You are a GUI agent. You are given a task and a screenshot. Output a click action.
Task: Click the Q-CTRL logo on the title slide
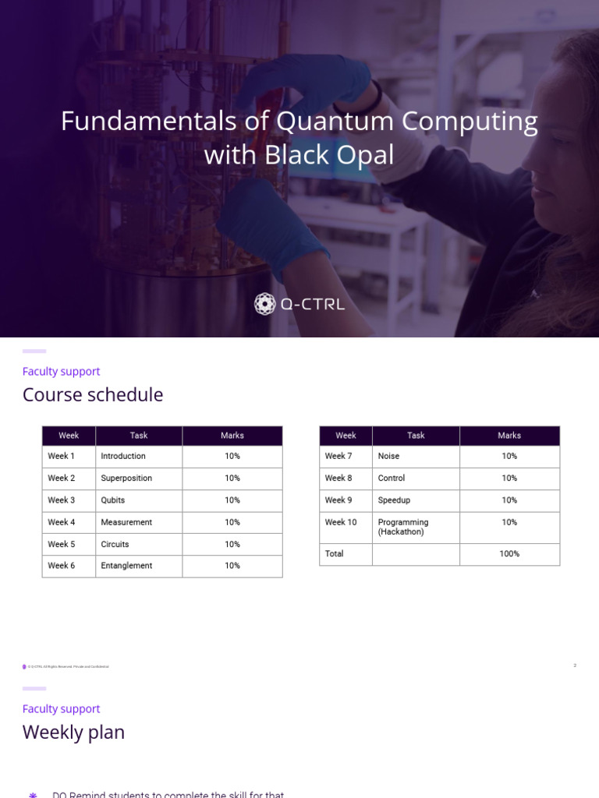(299, 304)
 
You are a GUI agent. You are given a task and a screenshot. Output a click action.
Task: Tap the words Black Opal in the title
(329, 155)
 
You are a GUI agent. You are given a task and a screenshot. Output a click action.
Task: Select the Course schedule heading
(93, 394)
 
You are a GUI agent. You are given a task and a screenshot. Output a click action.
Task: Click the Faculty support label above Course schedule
(61, 372)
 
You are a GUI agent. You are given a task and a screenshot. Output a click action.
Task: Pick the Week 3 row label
(62, 500)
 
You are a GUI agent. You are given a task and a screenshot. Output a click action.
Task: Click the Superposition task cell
(126, 478)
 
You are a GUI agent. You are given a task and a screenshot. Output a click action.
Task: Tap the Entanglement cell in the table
(126, 566)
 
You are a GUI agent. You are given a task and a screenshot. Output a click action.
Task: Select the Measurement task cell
(126, 522)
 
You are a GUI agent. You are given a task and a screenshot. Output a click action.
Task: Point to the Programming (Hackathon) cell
(403, 527)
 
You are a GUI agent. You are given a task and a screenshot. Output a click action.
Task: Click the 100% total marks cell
(509, 554)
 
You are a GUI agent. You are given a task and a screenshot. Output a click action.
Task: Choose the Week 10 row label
(341, 522)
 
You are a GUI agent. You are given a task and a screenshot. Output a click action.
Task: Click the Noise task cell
(388, 456)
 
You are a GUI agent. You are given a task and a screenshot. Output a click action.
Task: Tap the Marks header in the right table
(509, 436)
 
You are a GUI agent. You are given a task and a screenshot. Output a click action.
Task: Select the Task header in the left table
(139, 436)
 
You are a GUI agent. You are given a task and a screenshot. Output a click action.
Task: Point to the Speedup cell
(394, 500)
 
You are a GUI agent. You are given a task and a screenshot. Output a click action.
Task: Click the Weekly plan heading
(73, 732)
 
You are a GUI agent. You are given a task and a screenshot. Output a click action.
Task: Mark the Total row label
(335, 554)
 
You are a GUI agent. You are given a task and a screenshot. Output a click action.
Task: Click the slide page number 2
(575, 666)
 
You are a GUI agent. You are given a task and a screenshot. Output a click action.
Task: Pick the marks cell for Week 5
(232, 544)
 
